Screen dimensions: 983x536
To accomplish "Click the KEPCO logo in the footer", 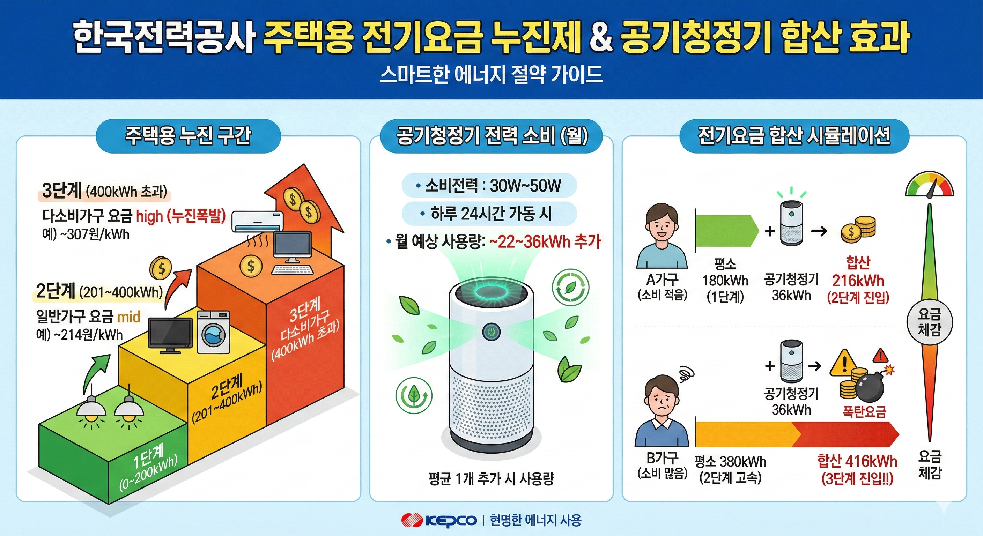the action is pos(439,520).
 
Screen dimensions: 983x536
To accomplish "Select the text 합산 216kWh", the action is pos(858,281).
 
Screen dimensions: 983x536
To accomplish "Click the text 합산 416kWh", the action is pos(857,461).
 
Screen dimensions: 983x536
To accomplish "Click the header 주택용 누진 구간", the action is pos(188,135).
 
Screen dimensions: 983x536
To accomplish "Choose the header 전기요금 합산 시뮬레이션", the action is pos(794,135).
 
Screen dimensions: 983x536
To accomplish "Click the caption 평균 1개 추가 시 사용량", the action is pos(491,478).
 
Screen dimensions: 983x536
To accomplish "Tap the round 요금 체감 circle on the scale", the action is pos(930,322).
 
